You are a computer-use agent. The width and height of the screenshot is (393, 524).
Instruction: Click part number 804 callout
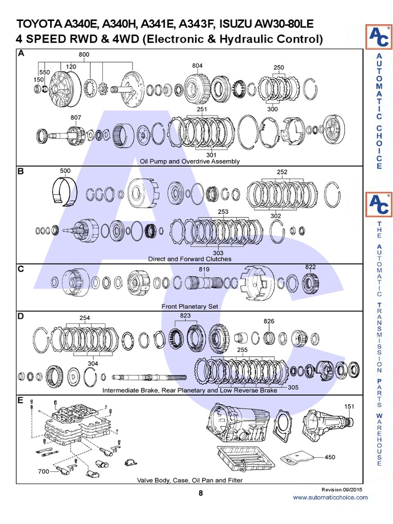(x=198, y=65)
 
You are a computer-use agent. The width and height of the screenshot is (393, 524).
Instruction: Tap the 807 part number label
(x=76, y=118)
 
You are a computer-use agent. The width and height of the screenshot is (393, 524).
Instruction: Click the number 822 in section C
(x=310, y=267)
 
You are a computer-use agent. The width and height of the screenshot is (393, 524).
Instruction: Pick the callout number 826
(x=269, y=321)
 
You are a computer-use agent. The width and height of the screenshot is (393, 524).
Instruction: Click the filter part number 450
(x=331, y=457)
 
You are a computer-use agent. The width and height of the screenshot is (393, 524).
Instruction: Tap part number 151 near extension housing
(x=349, y=407)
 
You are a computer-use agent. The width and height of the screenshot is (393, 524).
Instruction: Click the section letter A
(x=21, y=53)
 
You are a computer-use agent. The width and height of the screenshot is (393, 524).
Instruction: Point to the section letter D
(x=21, y=316)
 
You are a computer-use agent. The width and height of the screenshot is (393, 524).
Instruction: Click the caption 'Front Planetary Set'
(x=190, y=307)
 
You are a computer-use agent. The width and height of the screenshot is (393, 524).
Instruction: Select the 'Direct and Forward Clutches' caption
(x=190, y=259)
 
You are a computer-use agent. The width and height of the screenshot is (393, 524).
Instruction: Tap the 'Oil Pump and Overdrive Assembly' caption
(x=190, y=161)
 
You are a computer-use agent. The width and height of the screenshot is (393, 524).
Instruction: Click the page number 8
(x=201, y=493)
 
